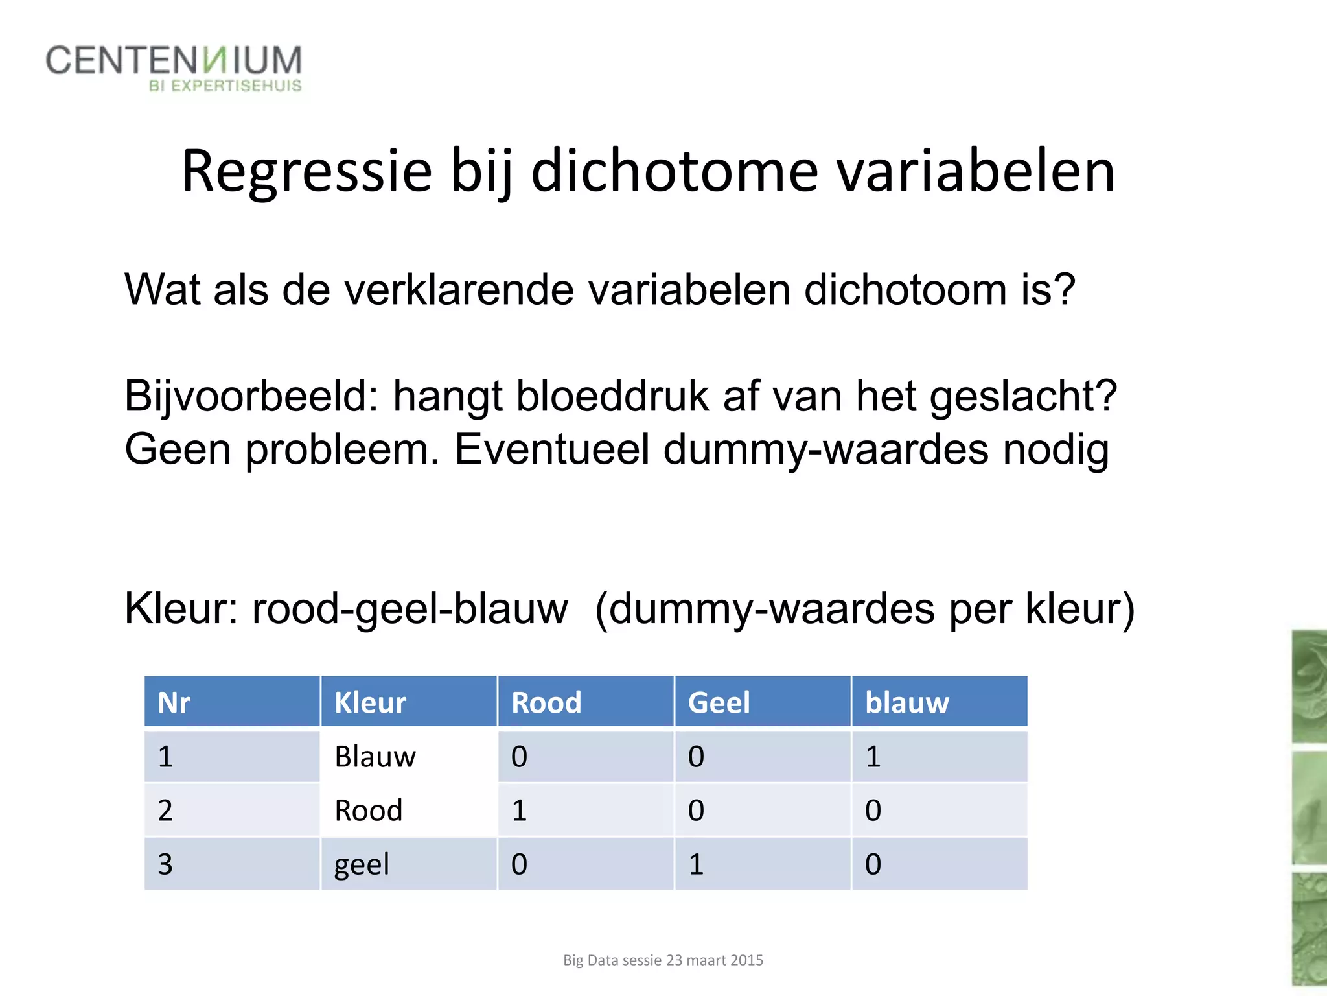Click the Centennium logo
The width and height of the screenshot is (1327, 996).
pos(174,67)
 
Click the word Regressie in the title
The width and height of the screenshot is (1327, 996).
pos(306,171)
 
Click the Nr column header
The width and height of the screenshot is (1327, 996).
pos(174,702)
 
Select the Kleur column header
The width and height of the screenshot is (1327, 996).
pos(370,702)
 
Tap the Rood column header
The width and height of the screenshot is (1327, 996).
pos(546,702)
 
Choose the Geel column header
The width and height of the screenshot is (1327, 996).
pos(719,702)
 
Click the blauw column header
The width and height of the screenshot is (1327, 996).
pos(906,702)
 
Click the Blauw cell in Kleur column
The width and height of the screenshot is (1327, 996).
pos(375,757)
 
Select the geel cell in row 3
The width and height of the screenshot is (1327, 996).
pos(362,864)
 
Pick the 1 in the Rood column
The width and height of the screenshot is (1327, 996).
pos(519,811)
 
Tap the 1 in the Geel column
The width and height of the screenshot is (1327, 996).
pos(696,864)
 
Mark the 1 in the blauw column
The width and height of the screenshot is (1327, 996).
pos(873,757)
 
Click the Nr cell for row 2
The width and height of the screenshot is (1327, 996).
pos(165,811)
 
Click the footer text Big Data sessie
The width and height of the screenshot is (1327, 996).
pos(663,960)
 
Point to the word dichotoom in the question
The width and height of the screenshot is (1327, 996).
pos(905,289)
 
